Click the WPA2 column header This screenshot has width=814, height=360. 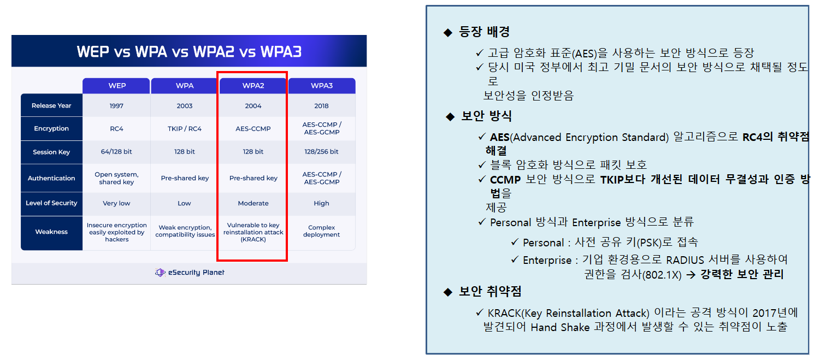point(253,86)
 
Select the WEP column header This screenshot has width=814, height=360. point(117,86)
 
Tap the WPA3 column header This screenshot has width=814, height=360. point(322,86)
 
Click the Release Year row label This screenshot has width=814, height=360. point(51,106)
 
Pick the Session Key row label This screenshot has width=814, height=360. point(51,152)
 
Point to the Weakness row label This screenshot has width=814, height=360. point(51,232)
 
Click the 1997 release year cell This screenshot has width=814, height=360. point(116,106)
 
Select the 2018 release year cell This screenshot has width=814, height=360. point(321,106)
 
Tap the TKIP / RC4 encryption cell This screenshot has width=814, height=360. point(185,129)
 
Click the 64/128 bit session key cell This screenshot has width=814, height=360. point(116,151)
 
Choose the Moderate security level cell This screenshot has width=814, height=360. point(253,203)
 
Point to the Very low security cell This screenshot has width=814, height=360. point(116,203)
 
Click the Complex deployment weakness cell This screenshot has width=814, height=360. point(321,231)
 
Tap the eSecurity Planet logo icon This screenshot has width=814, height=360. point(160,273)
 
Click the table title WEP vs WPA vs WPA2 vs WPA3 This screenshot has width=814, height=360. point(189,51)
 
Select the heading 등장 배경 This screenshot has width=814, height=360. point(485,32)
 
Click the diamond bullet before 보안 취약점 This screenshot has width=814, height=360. point(448,292)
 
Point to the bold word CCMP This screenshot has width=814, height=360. point(505,180)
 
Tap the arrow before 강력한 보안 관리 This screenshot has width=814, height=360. point(691,275)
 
